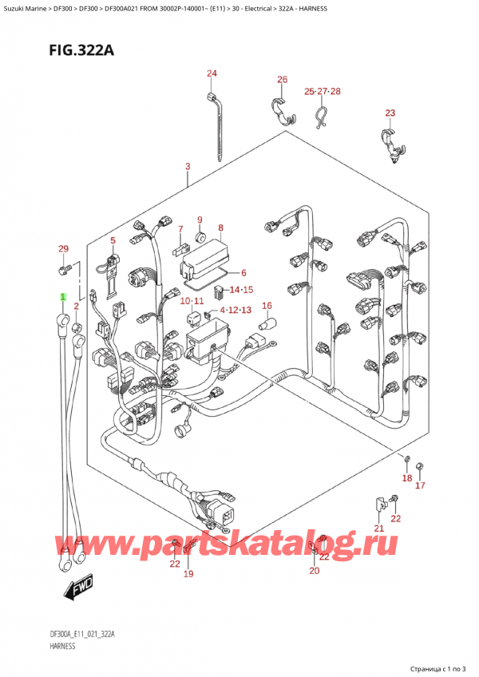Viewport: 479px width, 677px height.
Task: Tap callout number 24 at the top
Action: tap(212, 74)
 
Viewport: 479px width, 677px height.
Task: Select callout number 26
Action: tap(282, 80)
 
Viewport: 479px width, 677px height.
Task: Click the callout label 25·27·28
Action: tap(323, 92)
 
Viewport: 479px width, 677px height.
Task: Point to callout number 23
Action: tap(390, 113)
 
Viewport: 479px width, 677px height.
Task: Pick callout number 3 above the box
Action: tap(187, 167)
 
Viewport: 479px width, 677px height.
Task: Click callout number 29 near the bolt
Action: tap(64, 250)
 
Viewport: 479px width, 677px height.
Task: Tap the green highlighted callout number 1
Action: tap(61, 297)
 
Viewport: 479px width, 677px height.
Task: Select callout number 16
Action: tap(267, 306)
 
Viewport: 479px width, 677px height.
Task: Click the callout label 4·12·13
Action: tap(236, 310)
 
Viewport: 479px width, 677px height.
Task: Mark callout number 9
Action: tap(200, 220)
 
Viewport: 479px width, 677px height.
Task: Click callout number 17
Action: tap(421, 485)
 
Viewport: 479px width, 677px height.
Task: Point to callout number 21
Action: tap(379, 529)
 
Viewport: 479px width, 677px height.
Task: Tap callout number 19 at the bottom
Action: tap(188, 573)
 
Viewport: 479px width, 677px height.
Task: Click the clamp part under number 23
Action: tap(390, 144)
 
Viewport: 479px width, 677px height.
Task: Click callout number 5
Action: tap(113, 240)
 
